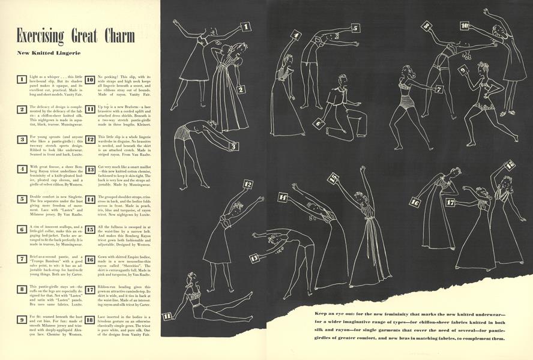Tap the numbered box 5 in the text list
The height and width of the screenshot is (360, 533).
[20, 199]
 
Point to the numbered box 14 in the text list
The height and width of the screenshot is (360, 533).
[89, 199]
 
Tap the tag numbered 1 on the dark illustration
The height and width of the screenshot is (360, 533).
[245, 26]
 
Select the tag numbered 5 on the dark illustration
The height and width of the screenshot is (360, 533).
[355, 28]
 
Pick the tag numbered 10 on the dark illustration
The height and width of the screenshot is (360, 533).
[465, 26]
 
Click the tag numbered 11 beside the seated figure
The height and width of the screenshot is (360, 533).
[167, 316]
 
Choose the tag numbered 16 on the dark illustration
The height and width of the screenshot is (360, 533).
[415, 202]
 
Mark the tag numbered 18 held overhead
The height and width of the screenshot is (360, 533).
[509, 165]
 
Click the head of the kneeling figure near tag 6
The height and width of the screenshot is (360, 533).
[342, 80]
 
